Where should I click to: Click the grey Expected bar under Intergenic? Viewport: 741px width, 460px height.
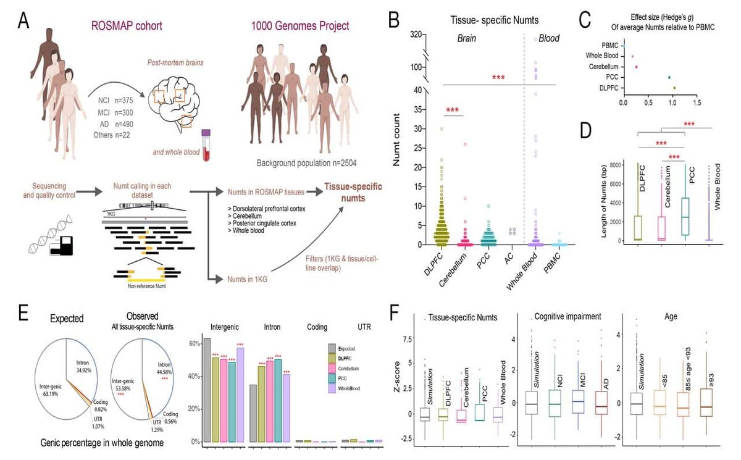(207, 390)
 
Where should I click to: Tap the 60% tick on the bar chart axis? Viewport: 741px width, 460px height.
(195, 343)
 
